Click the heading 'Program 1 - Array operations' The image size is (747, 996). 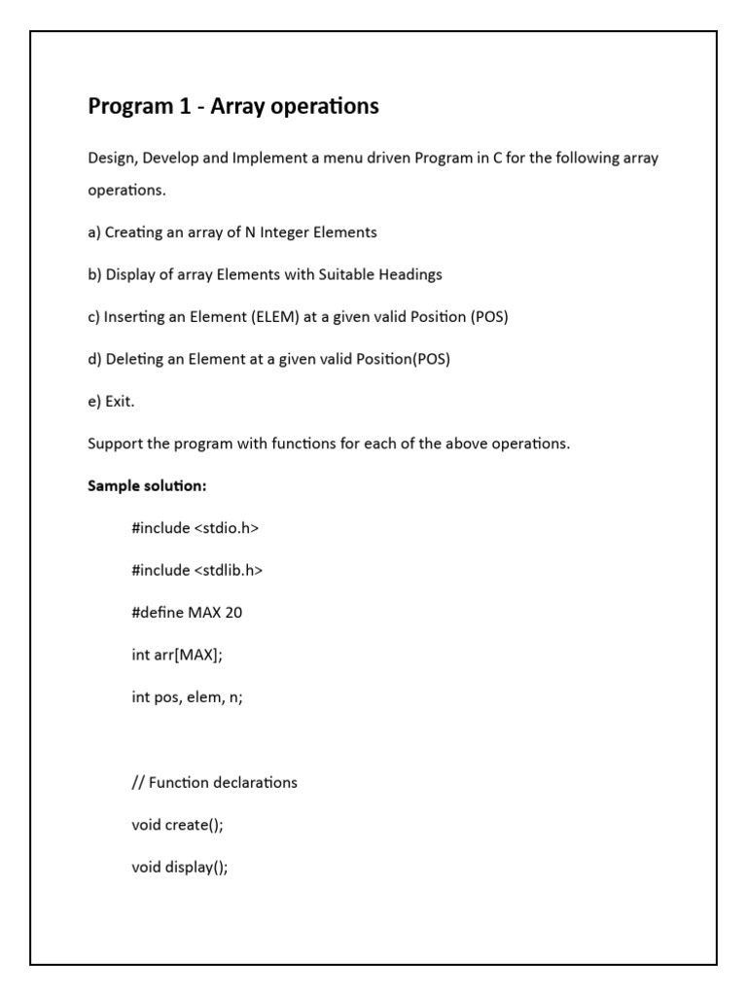pyautogui.click(x=233, y=106)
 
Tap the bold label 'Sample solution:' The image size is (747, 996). pyautogui.click(x=147, y=485)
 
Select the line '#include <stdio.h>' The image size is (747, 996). pyautogui.click(x=196, y=527)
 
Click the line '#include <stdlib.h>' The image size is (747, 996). pyautogui.click(x=197, y=570)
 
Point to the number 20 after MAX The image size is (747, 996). pyautogui.click(x=233, y=613)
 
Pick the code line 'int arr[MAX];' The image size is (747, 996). pyautogui.click(x=177, y=655)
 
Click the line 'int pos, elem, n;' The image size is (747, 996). pyautogui.click(x=187, y=697)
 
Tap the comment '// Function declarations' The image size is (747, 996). pyautogui.click(x=214, y=782)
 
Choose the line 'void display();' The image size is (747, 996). pyautogui.click(x=180, y=868)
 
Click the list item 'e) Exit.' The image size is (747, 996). pyautogui.click(x=111, y=401)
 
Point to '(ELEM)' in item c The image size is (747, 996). pyautogui.click(x=273, y=317)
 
